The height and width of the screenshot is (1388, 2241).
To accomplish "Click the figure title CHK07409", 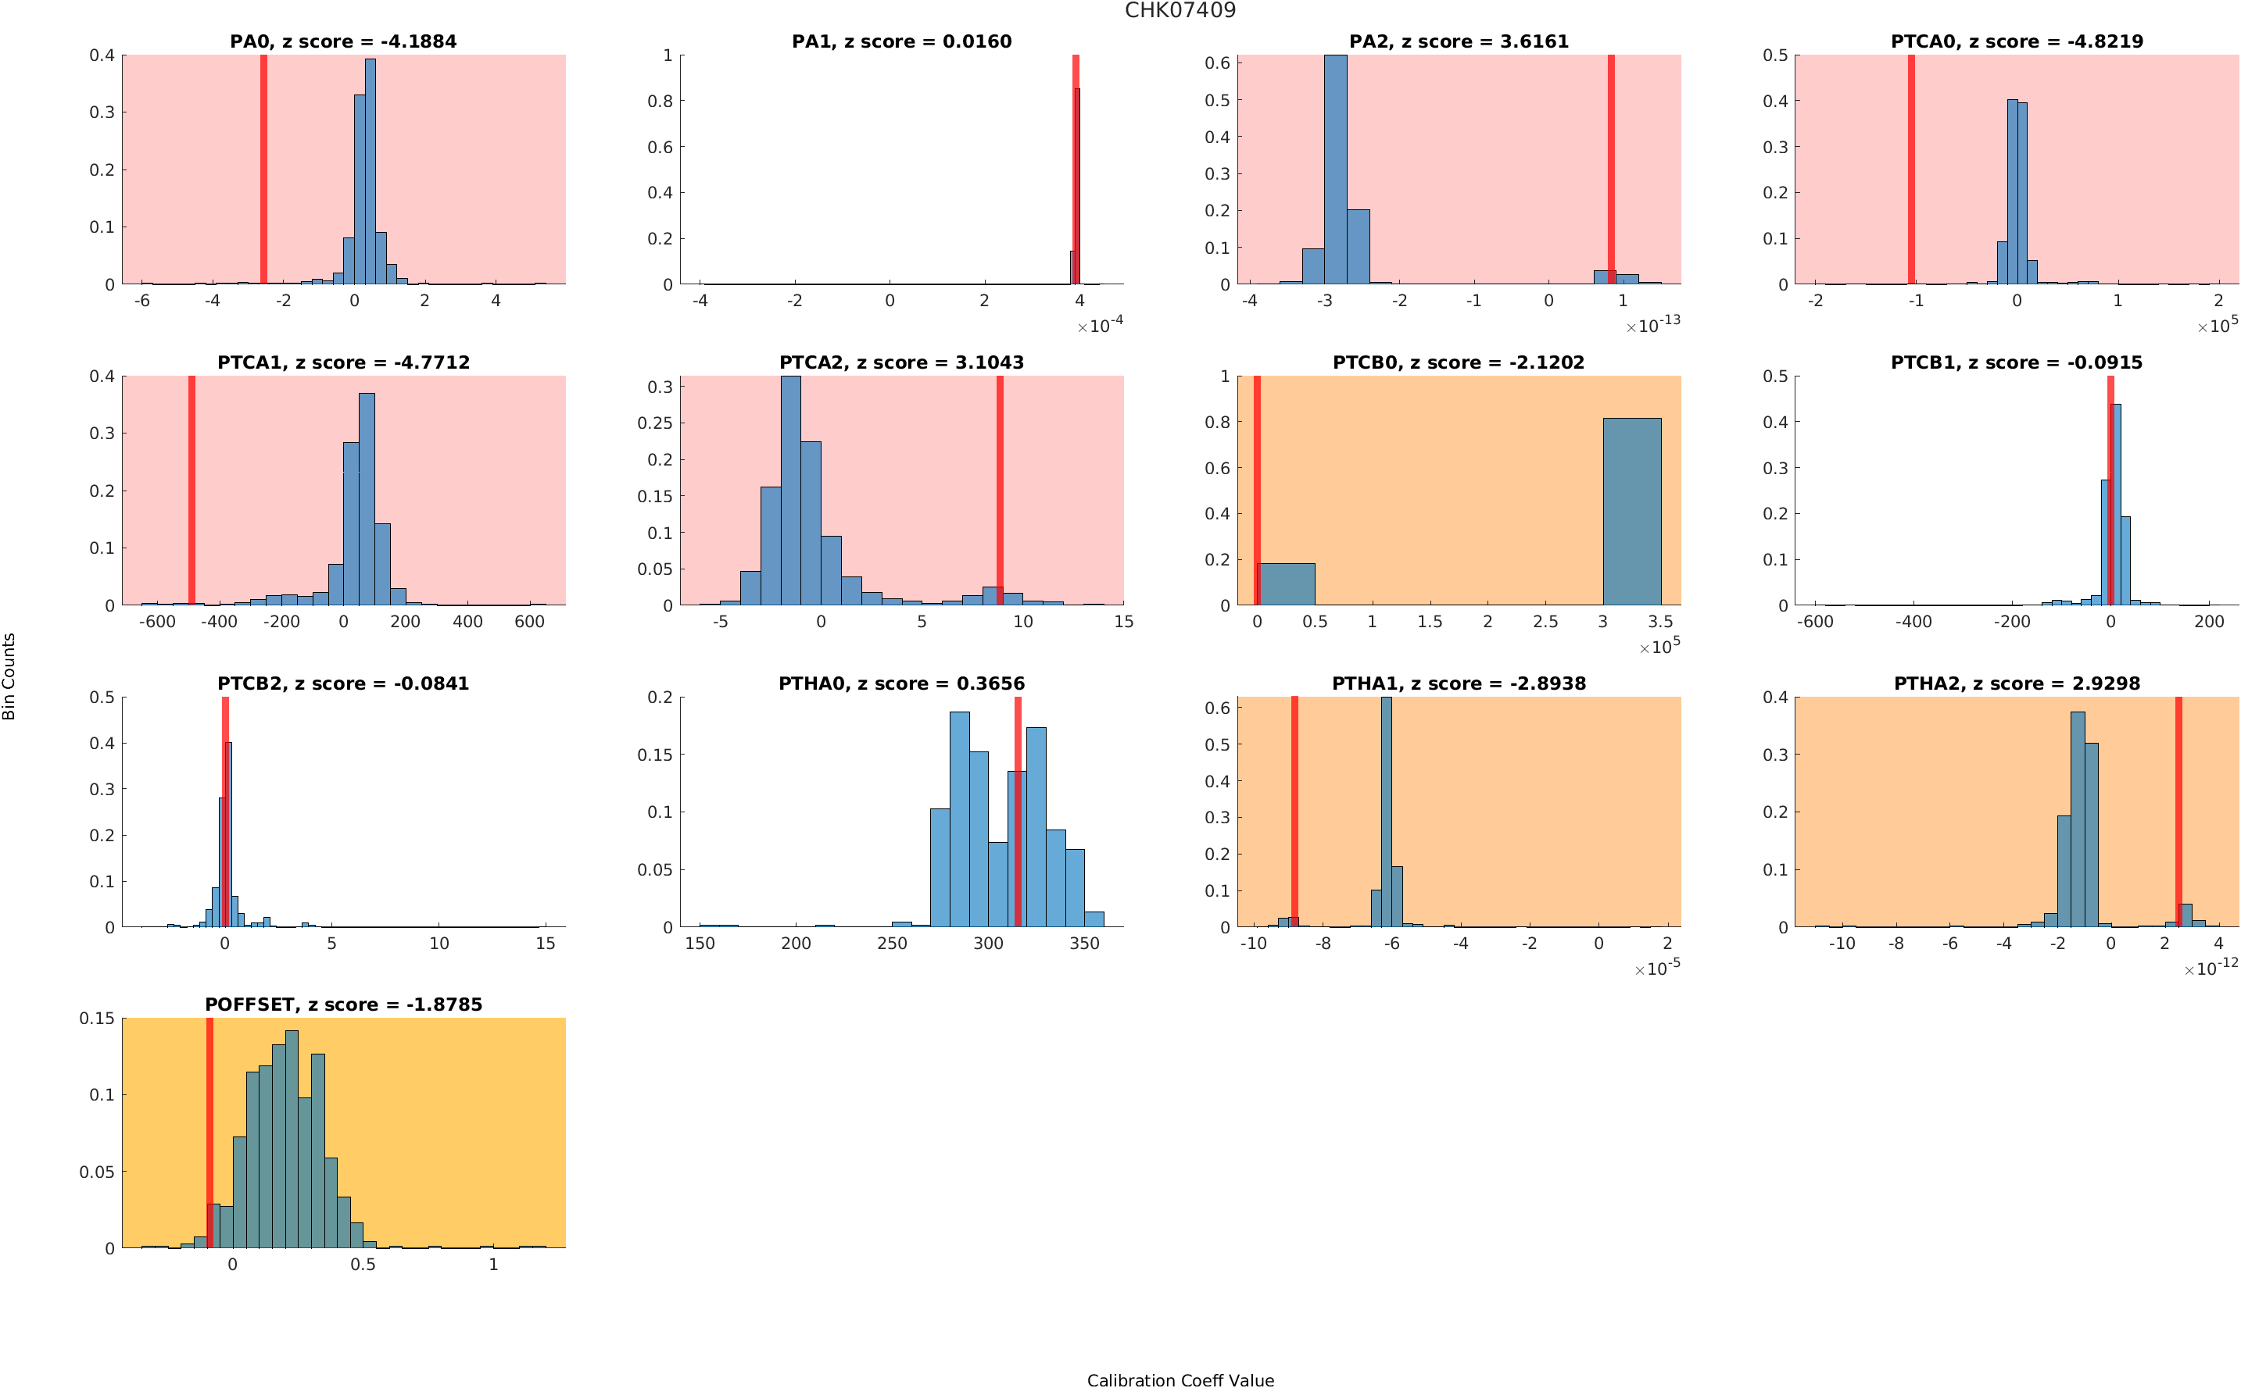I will click(1180, 10).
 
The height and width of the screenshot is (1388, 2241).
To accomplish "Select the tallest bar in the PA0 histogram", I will click(371, 173).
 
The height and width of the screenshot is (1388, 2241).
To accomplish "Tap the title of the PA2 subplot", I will click(1459, 41).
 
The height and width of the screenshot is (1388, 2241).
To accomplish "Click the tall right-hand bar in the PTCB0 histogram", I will click(1631, 512).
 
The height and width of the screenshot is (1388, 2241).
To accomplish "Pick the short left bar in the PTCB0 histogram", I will click(1286, 583).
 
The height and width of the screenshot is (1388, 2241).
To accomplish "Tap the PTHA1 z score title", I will click(1459, 684).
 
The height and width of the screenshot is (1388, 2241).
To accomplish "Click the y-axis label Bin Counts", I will click(9, 676).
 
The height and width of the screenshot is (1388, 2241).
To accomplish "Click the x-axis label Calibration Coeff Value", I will click(1180, 1379).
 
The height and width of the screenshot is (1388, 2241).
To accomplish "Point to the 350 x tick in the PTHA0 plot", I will click(1083, 944).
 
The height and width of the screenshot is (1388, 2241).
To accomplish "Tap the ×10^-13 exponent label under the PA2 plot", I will click(1652, 325).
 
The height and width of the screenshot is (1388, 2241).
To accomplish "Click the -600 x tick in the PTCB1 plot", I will click(1815, 623).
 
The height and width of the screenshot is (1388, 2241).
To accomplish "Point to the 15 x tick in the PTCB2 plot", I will click(546, 944).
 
